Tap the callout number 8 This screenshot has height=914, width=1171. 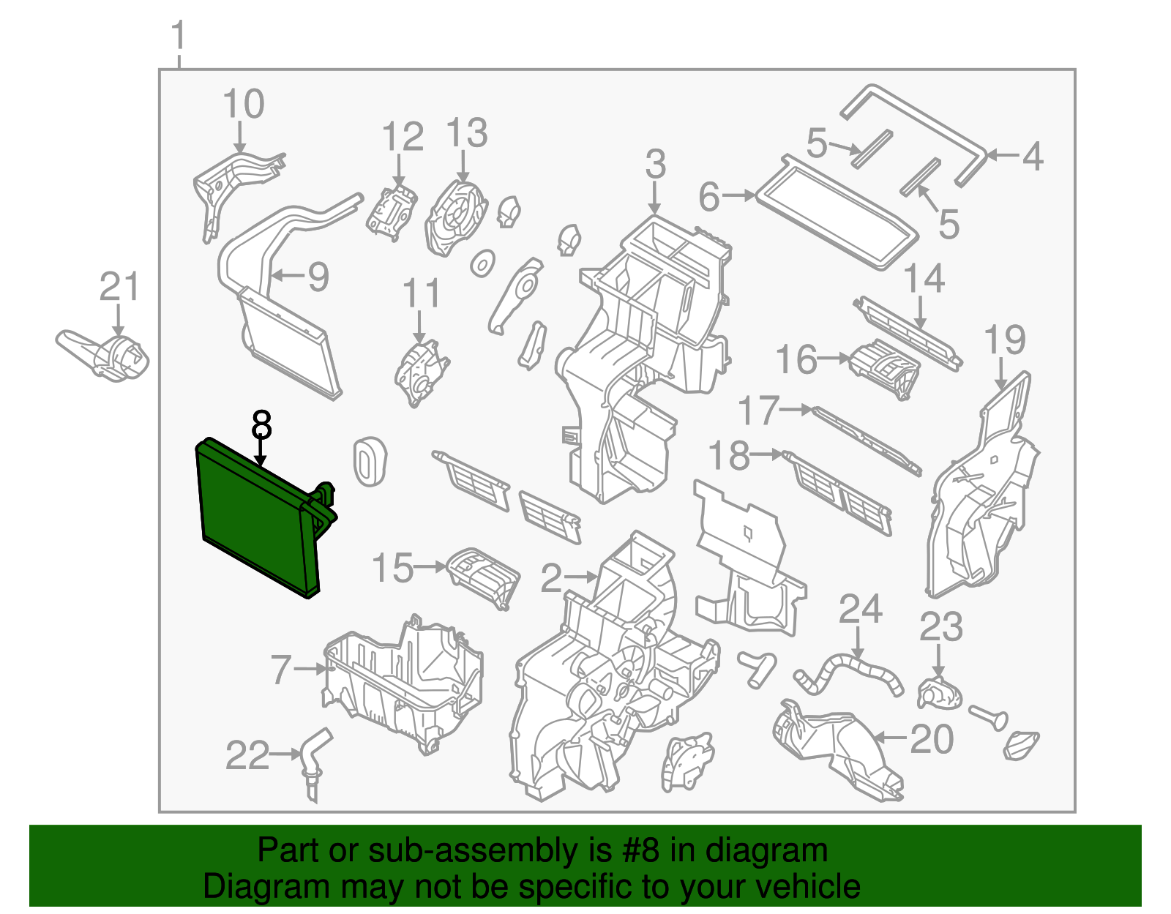coord(261,425)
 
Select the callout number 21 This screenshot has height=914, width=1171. coord(119,287)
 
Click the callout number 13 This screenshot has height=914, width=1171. coord(466,134)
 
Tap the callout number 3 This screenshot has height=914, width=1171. coord(655,165)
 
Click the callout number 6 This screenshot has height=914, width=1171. coord(709,197)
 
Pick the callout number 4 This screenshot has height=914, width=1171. coord(1032,157)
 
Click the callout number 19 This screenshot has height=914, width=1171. coord(1005,340)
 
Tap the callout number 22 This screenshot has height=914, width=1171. coord(247,756)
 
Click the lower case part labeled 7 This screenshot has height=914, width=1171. coord(403,684)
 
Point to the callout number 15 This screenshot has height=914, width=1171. coord(393,569)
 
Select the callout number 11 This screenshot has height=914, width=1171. coord(421,294)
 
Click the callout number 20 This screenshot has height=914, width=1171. coord(931,739)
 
